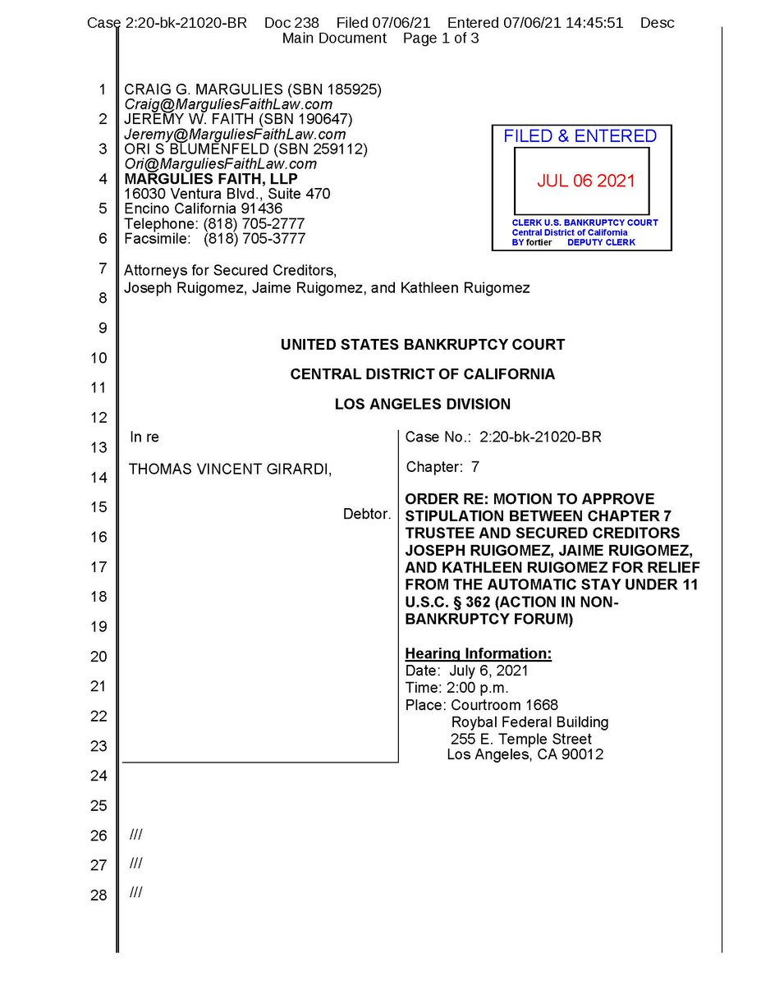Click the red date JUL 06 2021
(586, 181)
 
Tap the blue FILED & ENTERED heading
(580, 136)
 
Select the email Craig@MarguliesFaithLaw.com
(228, 104)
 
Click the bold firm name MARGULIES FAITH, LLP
(211, 179)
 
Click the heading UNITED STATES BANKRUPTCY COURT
(422, 345)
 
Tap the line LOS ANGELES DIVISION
(422, 404)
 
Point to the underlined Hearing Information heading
(479, 654)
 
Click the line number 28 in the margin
(99, 895)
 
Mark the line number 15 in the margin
(99, 507)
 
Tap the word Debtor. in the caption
(367, 515)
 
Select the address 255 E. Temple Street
(526, 739)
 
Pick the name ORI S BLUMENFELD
(188, 149)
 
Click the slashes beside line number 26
(136, 835)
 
